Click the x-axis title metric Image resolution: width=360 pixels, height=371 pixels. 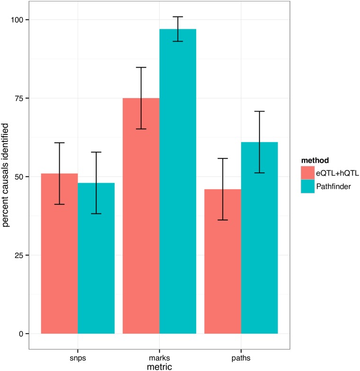tap(159, 366)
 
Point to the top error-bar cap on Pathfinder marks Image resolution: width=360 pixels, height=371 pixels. tap(178, 17)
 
